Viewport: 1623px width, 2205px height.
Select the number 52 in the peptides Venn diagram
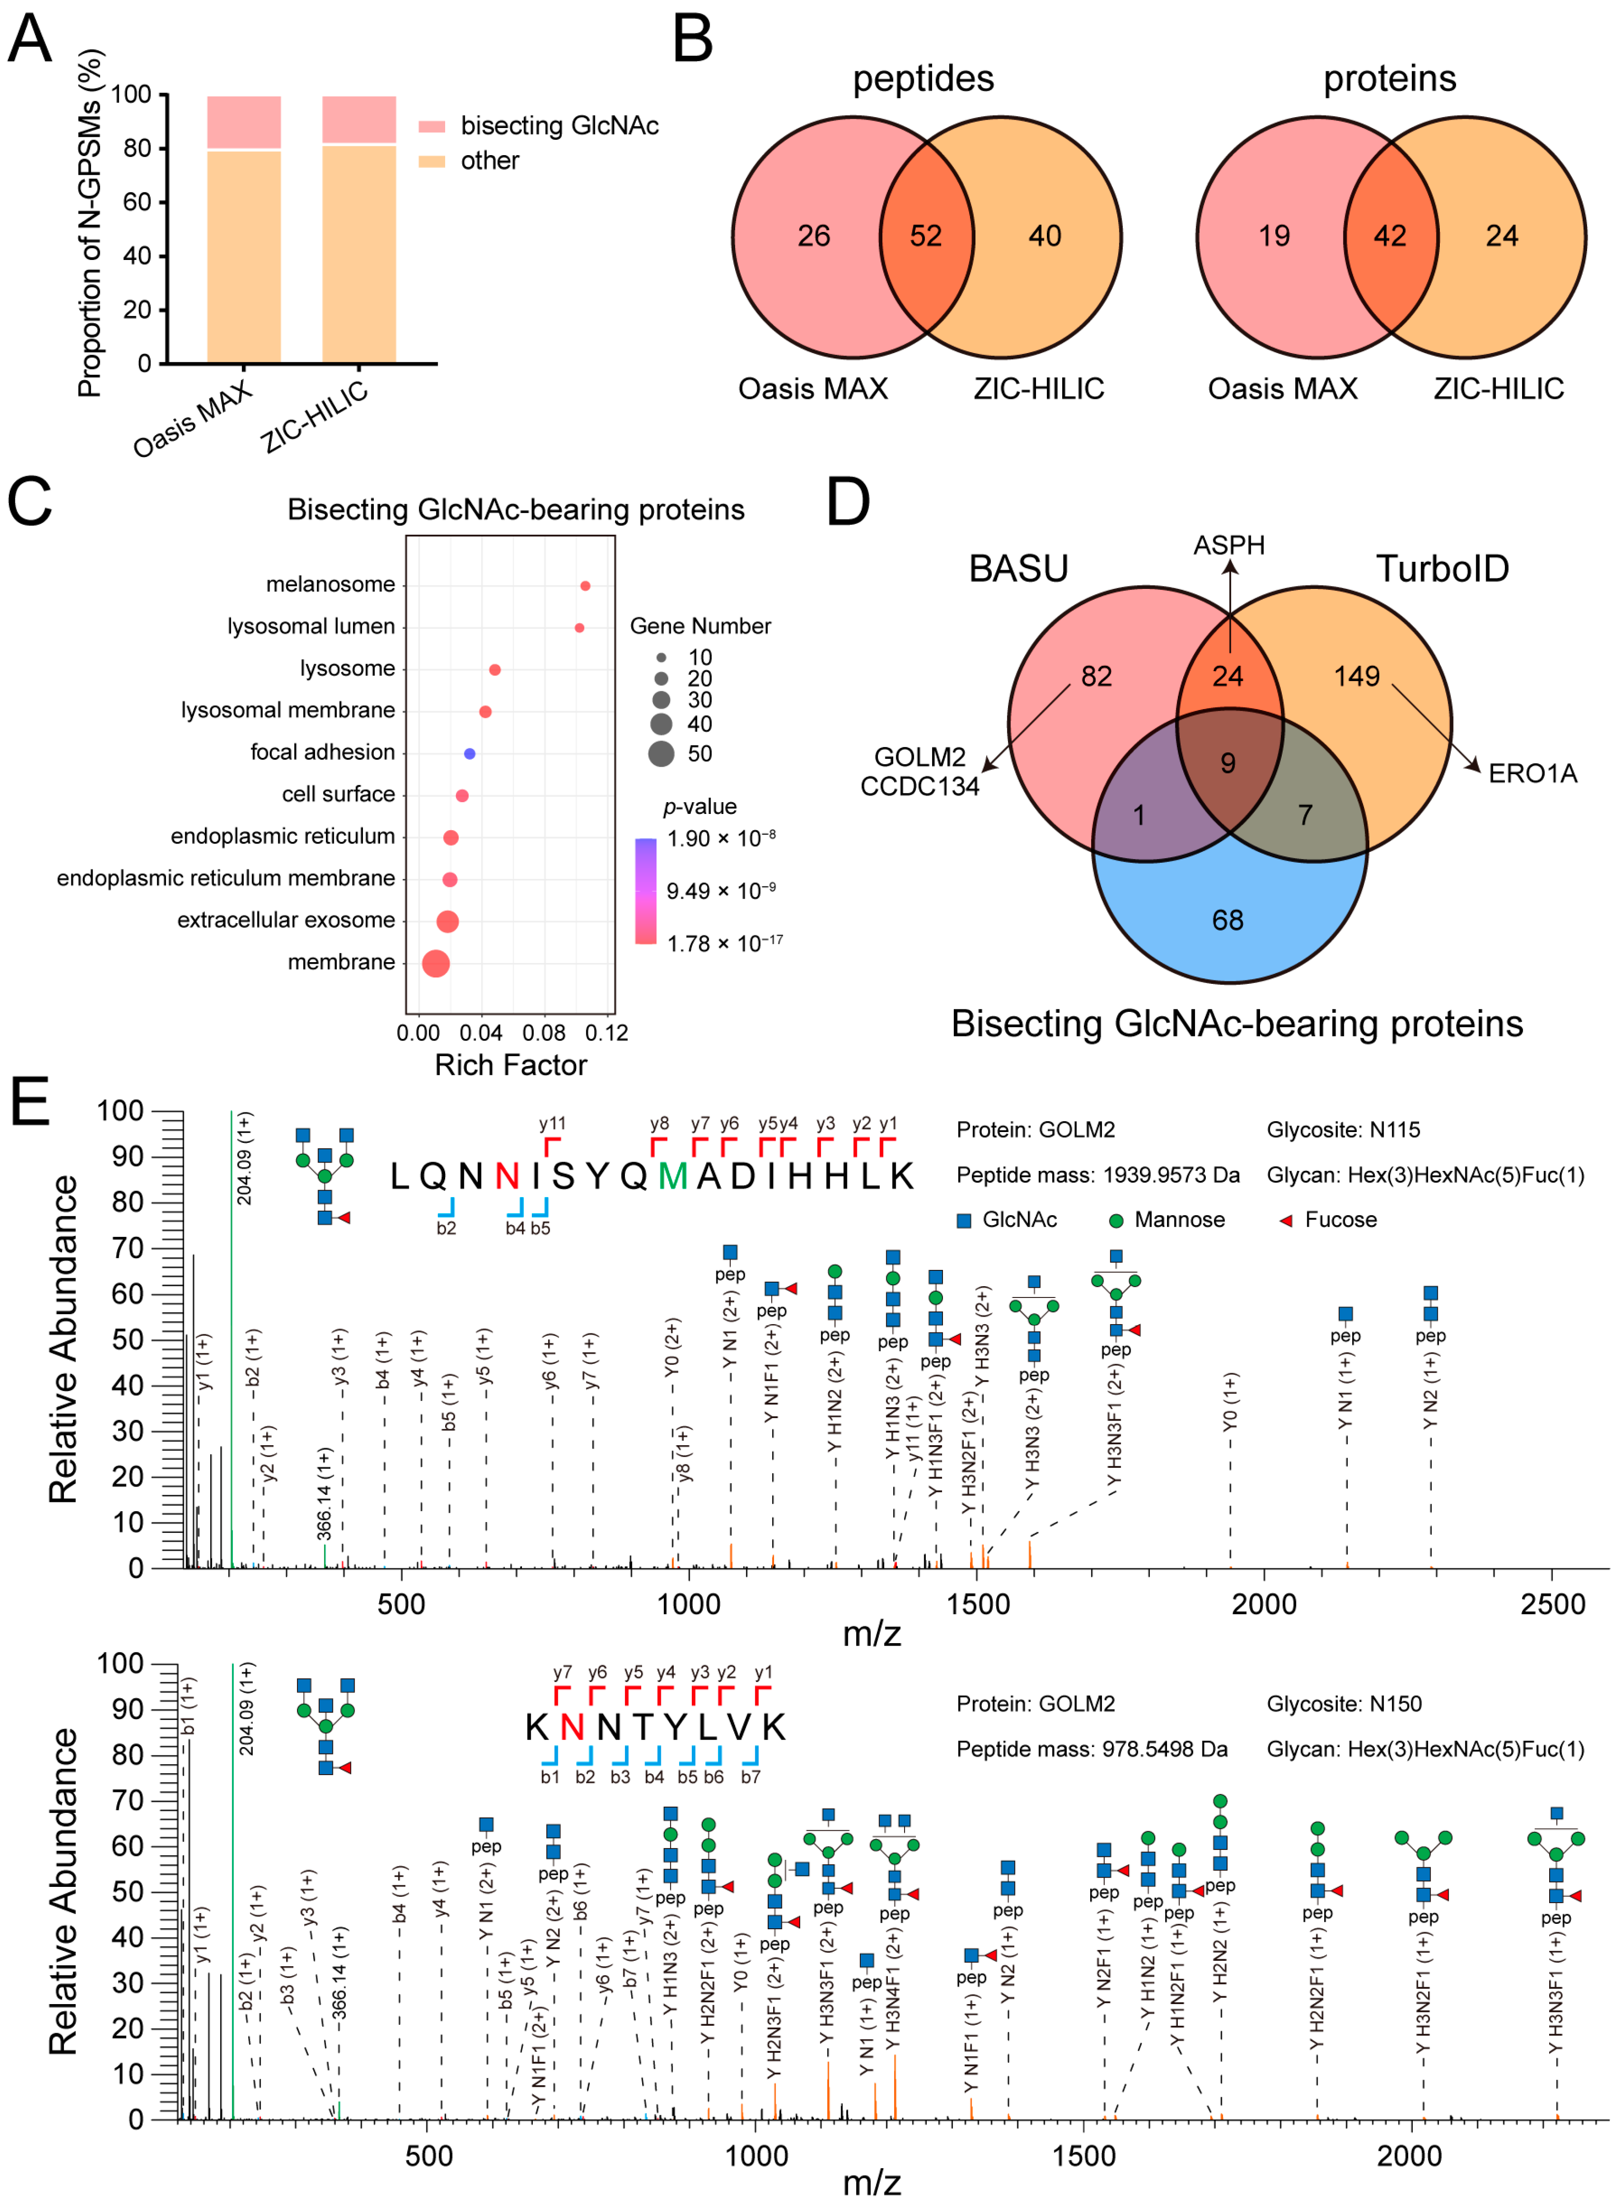925,236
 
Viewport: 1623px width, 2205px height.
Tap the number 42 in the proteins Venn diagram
1389,236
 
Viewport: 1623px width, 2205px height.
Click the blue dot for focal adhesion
470,753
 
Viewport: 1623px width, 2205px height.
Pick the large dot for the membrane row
435,964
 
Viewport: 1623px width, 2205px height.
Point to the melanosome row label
330,584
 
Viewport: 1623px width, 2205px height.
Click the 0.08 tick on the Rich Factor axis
543,1033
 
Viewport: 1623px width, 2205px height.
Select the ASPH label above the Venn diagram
1229,545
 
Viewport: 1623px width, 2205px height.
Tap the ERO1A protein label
1531,774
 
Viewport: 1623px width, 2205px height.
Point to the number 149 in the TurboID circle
1356,676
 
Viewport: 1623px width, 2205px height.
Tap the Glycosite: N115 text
1343,1130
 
